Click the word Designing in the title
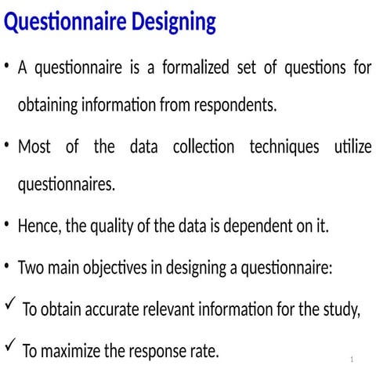click(x=166, y=23)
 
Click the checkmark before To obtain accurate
click(x=9, y=305)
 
